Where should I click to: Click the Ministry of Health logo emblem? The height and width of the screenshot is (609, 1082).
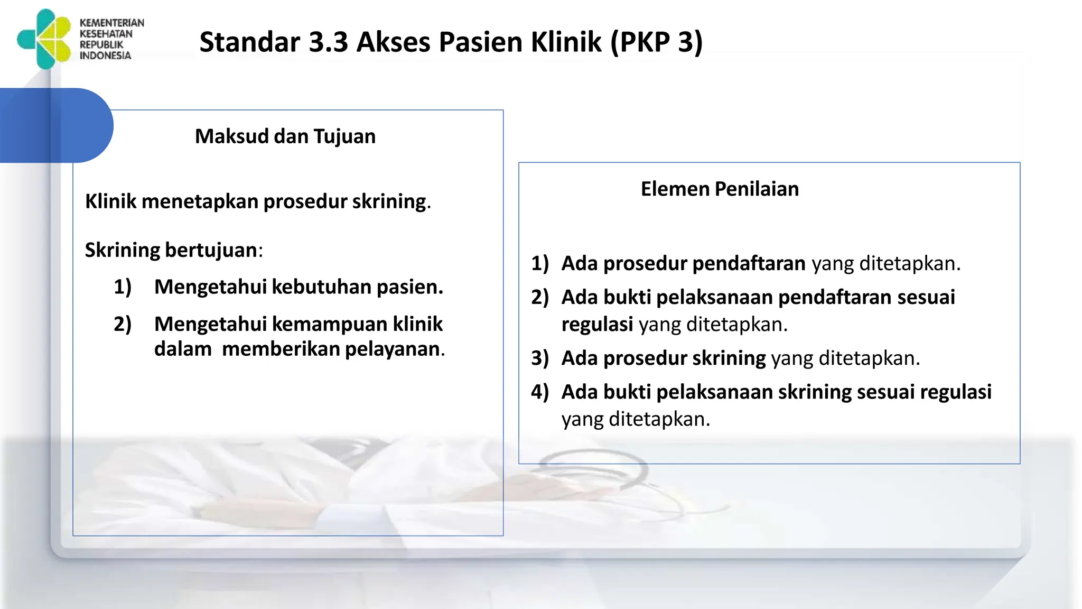pos(44,39)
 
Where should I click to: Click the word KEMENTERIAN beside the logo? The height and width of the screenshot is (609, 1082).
pos(111,23)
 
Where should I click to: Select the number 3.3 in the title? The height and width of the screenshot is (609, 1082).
pos(328,42)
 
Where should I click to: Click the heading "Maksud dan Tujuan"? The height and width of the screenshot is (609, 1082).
pos(285,136)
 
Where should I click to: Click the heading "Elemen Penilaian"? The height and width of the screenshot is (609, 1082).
pos(720,189)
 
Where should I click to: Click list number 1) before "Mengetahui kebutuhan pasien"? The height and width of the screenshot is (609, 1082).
pos(123,287)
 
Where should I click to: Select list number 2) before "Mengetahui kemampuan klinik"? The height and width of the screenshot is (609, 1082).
pos(123,324)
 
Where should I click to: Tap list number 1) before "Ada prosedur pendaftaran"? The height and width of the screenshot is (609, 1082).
pos(540,263)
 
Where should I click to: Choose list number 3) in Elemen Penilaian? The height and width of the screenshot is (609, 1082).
pos(540,358)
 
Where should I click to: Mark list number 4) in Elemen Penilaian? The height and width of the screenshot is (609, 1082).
pos(540,392)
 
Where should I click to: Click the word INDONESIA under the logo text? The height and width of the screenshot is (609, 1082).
pos(105,56)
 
